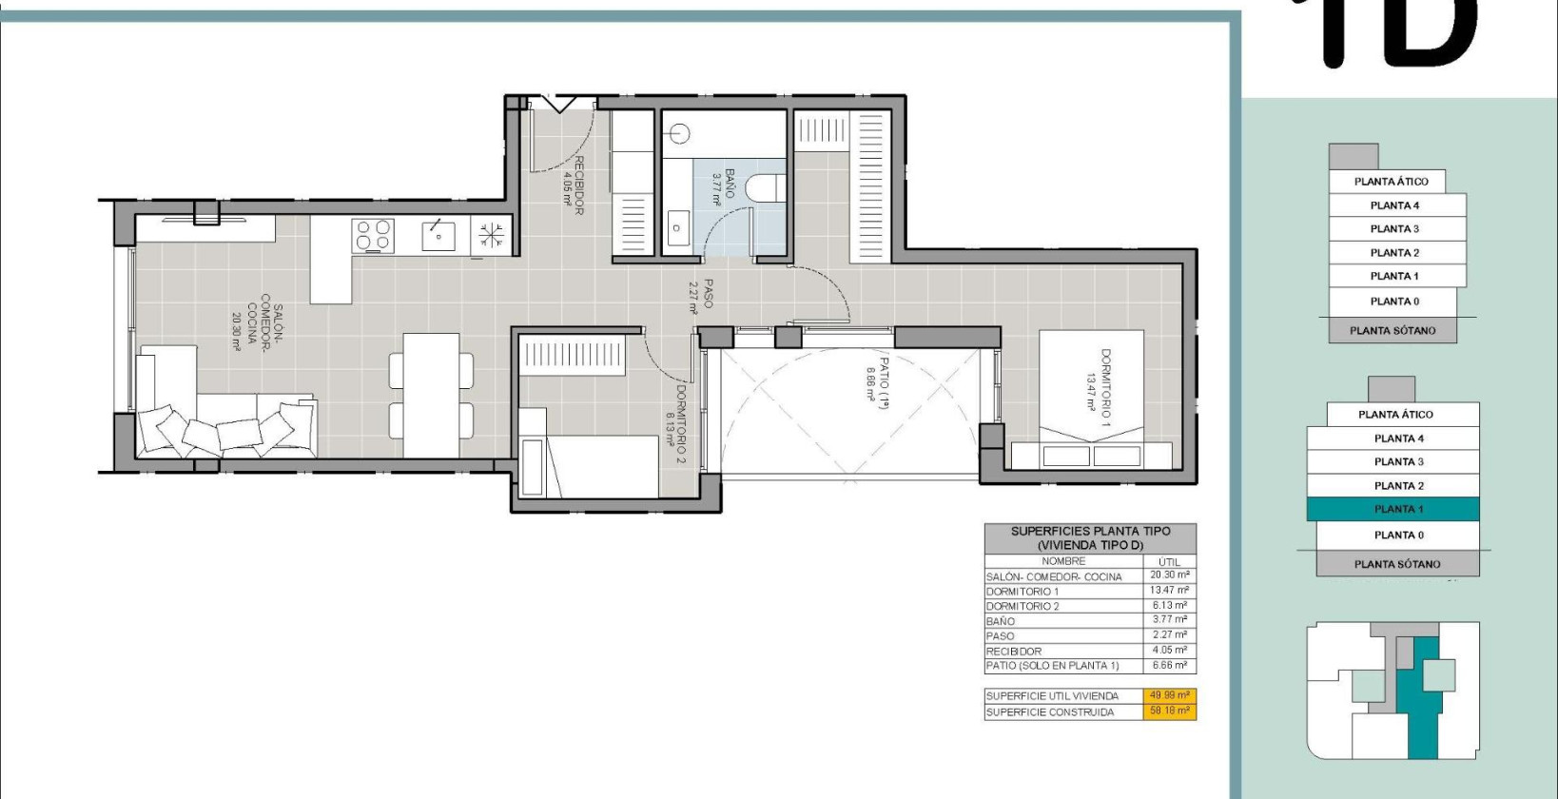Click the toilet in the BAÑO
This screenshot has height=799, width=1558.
pyautogui.click(x=764, y=188)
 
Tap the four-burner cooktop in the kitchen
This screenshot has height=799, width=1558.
pyautogui.click(x=374, y=235)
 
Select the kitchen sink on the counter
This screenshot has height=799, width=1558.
pyautogui.click(x=438, y=234)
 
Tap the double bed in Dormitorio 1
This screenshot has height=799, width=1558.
pyautogui.click(x=1091, y=399)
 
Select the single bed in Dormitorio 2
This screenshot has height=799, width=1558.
pyautogui.click(x=590, y=466)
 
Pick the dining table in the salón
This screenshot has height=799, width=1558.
pyautogui.click(x=431, y=395)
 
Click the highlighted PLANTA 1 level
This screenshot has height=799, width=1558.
pyautogui.click(x=1393, y=509)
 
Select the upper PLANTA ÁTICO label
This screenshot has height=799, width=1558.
pyautogui.click(x=1391, y=182)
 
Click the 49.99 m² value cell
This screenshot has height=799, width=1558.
pyautogui.click(x=1169, y=695)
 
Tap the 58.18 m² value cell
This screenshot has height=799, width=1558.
pyautogui.click(x=1169, y=711)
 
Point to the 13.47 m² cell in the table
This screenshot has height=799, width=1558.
pyautogui.click(x=1169, y=591)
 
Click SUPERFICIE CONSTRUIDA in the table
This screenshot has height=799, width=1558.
pyautogui.click(x=1050, y=711)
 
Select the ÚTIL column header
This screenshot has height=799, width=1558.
pyautogui.click(x=1169, y=562)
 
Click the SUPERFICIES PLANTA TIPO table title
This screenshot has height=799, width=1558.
pyautogui.click(x=1090, y=538)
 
